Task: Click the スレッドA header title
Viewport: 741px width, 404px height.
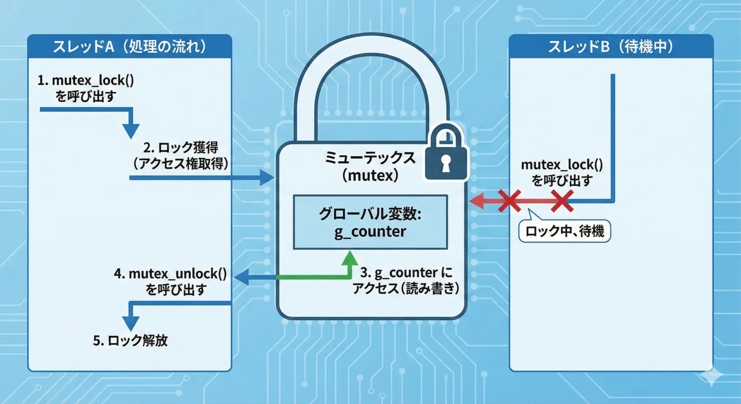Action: [x=129, y=47]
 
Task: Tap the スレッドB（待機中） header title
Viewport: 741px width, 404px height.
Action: [x=611, y=47]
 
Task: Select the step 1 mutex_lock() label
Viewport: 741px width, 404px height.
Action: [x=85, y=88]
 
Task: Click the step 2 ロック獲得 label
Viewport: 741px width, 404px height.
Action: [x=181, y=155]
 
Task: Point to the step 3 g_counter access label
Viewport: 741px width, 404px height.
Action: [x=406, y=280]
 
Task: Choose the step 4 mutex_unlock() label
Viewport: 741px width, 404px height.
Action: [x=170, y=281]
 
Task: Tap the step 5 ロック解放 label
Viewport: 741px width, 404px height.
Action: [x=130, y=341]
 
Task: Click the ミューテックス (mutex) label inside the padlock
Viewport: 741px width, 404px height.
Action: [x=370, y=166]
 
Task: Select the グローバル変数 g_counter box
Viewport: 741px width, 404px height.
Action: [x=370, y=222]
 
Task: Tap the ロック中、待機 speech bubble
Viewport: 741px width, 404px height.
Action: [x=564, y=231]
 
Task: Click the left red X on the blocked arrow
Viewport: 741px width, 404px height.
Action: [x=509, y=201]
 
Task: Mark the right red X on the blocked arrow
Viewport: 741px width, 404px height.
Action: [x=562, y=201]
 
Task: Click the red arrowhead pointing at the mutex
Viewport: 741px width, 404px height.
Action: [x=477, y=201]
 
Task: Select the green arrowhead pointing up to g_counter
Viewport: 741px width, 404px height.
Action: [x=350, y=258]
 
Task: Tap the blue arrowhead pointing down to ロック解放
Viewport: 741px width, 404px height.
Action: [x=130, y=323]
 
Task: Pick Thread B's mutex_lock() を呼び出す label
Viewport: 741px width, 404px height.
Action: [x=562, y=172]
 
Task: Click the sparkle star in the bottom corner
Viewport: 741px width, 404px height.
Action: [x=711, y=375]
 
